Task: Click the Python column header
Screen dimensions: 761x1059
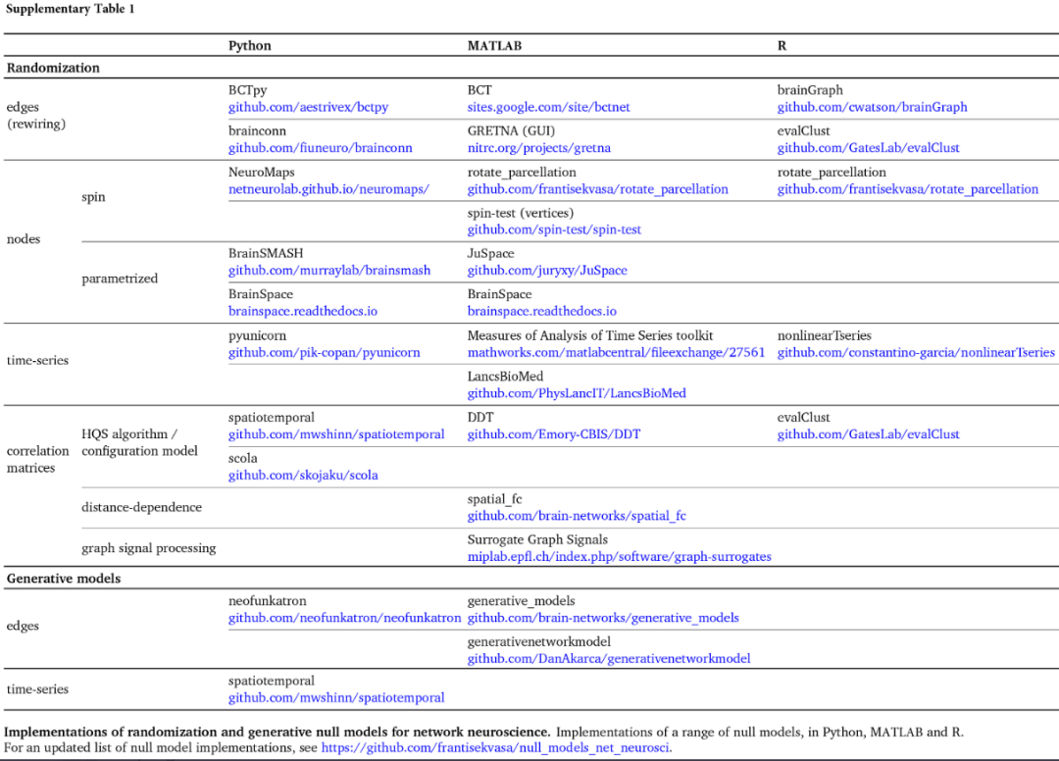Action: (x=250, y=45)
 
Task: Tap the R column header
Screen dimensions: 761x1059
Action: (x=782, y=45)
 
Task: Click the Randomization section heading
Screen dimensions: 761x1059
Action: (x=53, y=68)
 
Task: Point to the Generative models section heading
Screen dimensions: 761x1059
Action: (x=64, y=579)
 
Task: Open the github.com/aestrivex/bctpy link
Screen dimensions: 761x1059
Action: (x=308, y=107)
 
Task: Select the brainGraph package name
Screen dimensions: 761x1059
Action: (x=810, y=90)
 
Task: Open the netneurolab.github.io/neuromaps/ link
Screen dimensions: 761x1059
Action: (x=328, y=189)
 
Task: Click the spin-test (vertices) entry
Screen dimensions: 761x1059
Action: (x=520, y=213)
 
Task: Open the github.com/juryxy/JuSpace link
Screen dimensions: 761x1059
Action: (x=547, y=270)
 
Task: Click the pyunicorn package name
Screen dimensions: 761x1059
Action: (x=257, y=335)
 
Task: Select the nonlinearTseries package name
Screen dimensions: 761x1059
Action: (x=824, y=335)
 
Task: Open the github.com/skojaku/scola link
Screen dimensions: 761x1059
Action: (x=303, y=475)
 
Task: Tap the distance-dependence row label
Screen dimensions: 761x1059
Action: (x=141, y=507)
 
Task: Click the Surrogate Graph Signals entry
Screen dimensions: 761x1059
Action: (x=537, y=539)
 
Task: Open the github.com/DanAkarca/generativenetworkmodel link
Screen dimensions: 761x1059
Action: (x=609, y=658)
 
